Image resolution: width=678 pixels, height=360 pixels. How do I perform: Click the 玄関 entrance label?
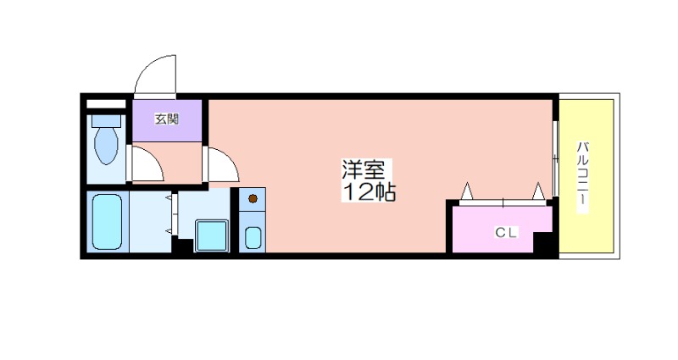166,119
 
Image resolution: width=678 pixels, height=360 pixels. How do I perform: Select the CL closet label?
507,231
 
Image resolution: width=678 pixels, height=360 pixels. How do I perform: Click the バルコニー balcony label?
584,178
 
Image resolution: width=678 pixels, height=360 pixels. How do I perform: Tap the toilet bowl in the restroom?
107,146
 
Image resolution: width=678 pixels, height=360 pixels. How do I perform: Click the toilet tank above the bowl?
107,119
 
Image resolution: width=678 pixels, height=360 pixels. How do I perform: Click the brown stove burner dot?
253,201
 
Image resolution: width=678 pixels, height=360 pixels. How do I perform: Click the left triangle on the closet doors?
466,192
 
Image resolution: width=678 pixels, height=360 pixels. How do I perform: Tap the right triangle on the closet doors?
538,192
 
